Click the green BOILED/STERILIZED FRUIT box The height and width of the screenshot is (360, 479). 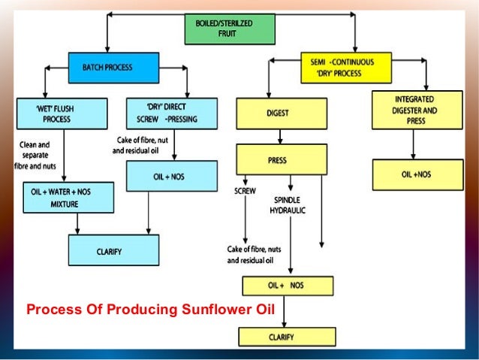(230, 29)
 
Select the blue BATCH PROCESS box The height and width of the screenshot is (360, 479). (113, 67)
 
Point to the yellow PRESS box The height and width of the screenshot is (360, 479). (281, 159)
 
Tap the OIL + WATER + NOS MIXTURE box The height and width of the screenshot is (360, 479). (68, 197)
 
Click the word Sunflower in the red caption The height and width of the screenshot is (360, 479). (214, 310)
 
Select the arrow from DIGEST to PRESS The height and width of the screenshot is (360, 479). (280, 137)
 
